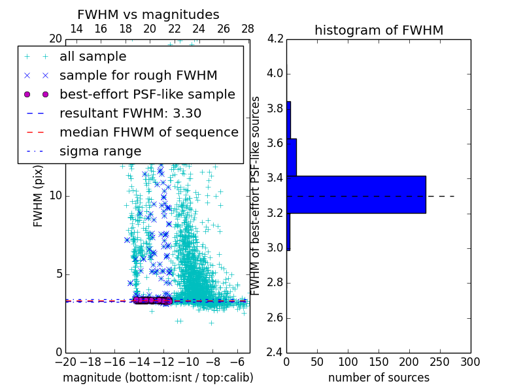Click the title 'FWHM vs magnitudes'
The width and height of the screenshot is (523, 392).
148,14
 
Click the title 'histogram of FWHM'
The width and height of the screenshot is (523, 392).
379,30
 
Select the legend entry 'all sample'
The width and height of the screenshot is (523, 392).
93,57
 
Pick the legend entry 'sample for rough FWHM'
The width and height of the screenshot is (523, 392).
138,76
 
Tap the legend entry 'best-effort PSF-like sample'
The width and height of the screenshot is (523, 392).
147,94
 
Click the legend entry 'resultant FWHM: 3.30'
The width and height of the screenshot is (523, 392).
130,113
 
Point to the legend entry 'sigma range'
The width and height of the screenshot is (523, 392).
100,151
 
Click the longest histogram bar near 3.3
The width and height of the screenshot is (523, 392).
356,194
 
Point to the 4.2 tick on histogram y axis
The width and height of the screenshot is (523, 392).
275,39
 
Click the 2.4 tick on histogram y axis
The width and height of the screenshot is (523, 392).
275,353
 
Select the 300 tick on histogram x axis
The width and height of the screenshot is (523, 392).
471,362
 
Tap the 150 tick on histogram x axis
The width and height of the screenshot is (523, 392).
379,362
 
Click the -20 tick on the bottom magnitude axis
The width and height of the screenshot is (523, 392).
65,362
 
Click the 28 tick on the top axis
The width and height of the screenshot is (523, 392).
248,29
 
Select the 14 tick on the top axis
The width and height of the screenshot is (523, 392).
76,29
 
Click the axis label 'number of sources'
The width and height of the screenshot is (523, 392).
379,378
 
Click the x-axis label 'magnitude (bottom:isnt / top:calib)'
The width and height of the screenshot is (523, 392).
158,378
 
